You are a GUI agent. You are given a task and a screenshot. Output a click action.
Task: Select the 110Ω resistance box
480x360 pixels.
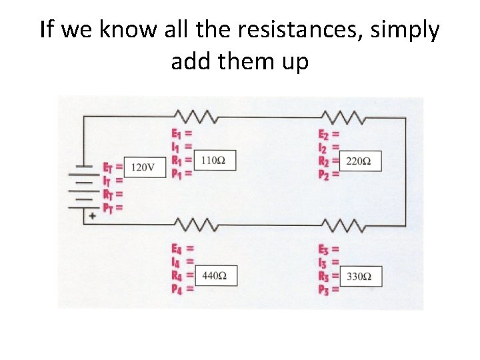click(x=213, y=161)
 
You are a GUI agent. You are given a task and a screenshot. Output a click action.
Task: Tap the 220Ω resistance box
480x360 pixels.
click(x=360, y=161)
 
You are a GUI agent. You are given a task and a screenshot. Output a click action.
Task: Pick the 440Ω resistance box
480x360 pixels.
click(x=215, y=275)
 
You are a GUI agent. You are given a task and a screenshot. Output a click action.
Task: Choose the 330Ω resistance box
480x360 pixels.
click(x=360, y=275)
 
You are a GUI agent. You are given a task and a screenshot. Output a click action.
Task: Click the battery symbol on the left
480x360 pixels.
click(x=83, y=190)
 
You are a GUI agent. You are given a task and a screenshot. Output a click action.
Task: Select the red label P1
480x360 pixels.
click(x=177, y=173)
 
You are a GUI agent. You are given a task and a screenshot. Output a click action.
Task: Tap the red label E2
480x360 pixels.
click(x=323, y=134)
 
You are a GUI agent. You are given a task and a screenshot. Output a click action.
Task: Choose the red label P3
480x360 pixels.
click(x=323, y=289)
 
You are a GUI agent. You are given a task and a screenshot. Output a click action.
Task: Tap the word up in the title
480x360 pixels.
click(x=295, y=62)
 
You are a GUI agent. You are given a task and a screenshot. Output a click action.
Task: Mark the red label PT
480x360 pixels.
click(x=108, y=208)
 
